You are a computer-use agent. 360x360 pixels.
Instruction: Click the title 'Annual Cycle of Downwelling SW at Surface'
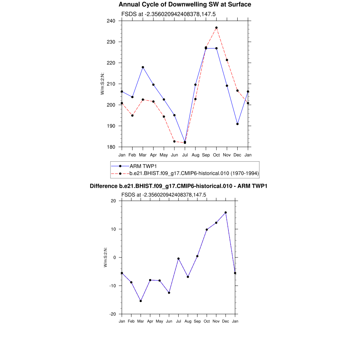(x=185, y=5)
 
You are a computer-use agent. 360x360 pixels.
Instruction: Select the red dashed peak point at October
(x=217, y=28)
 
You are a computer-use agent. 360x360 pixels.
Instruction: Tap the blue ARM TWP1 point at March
(x=143, y=67)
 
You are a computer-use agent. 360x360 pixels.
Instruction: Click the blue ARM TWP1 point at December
(x=238, y=124)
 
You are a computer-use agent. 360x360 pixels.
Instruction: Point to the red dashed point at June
(x=174, y=141)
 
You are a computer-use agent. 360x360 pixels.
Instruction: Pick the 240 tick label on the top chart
(x=112, y=21)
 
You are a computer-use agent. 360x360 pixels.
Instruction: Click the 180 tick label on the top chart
(x=112, y=147)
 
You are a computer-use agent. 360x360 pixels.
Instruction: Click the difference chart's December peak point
(x=226, y=213)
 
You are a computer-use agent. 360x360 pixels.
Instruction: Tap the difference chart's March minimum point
(x=141, y=301)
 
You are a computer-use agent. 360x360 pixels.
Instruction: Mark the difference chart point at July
(x=179, y=259)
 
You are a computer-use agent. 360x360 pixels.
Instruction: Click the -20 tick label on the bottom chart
(x=113, y=314)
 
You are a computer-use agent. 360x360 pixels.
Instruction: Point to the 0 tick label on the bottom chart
(x=115, y=257)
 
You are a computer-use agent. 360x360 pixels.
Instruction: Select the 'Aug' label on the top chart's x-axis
(x=195, y=155)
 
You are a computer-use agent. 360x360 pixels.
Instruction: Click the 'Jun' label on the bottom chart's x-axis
(x=169, y=321)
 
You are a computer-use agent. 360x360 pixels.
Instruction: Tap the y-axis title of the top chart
(x=103, y=84)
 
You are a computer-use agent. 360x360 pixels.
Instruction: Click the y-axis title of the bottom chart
(x=105, y=257)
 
